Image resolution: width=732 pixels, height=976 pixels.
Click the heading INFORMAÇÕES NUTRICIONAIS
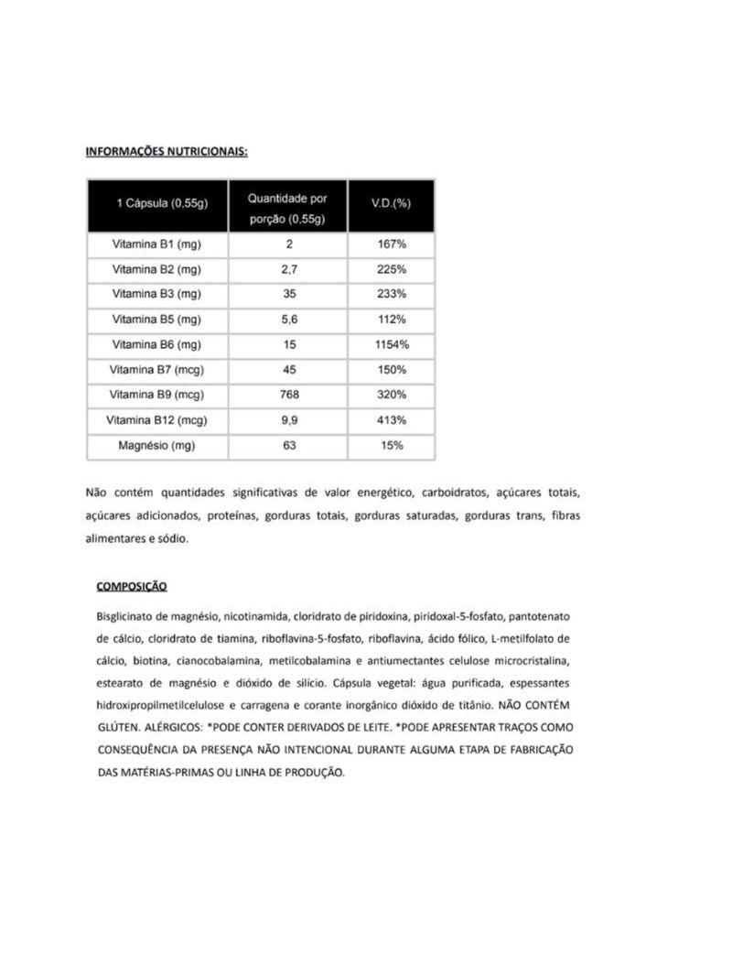[x=166, y=151]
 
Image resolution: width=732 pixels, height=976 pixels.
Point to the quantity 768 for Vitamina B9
[x=288, y=396]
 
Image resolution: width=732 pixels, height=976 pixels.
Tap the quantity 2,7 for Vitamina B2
[x=288, y=270]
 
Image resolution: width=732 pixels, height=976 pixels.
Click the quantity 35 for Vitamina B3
[x=288, y=295]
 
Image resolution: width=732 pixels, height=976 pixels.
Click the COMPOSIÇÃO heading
[x=131, y=586]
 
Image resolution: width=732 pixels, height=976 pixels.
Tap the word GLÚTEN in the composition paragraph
[x=117, y=726]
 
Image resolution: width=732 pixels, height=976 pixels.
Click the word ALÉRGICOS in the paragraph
[x=171, y=726]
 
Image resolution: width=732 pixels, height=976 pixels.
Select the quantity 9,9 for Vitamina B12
[x=288, y=420]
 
